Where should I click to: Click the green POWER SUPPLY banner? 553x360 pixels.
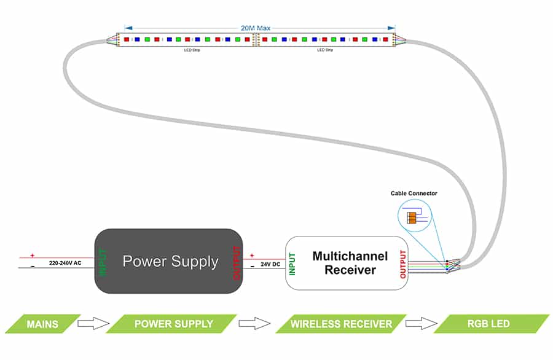173,324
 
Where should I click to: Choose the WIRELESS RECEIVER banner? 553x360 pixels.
341,324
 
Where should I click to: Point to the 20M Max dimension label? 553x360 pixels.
256,28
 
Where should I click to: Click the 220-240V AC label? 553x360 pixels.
66,263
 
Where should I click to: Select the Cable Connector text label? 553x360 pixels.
414,194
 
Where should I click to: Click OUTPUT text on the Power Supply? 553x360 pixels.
237,262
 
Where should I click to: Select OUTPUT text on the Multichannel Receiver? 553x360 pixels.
403,264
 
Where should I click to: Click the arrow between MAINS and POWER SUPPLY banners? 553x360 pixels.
93,324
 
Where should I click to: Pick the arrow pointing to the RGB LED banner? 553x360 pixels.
422,324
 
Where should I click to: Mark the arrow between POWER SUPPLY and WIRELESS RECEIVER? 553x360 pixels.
254,324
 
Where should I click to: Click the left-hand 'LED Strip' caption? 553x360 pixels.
192,50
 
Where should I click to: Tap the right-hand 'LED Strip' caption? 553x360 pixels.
324,50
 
